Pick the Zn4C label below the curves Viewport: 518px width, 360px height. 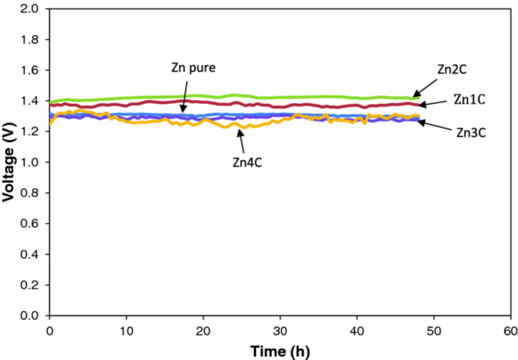247,162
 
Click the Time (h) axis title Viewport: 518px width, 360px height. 280,351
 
